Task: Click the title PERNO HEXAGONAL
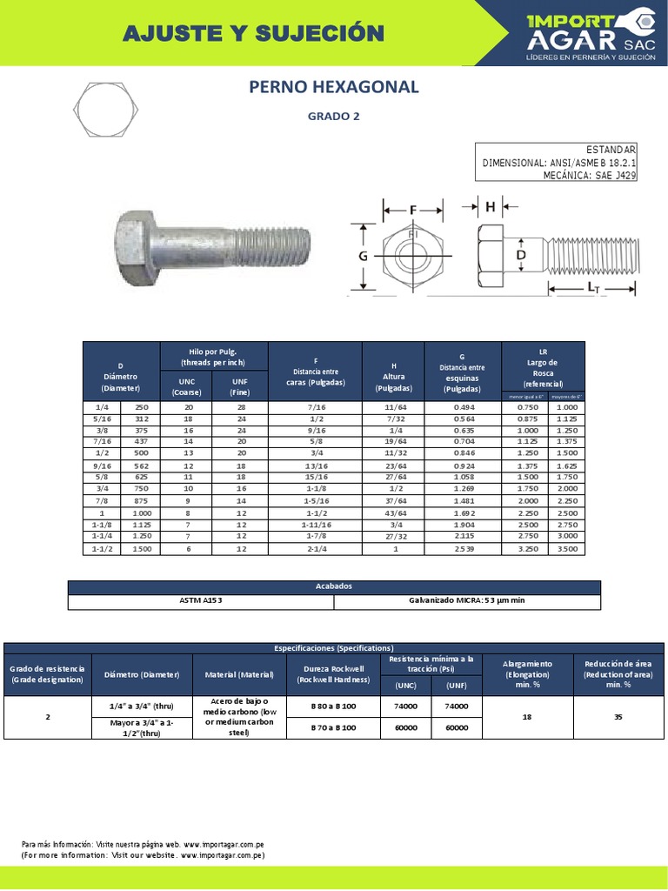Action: [x=334, y=87]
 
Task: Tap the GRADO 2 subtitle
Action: [x=334, y=116]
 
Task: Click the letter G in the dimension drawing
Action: [x=364, y=256]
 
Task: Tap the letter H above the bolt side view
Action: [x=491, y=206]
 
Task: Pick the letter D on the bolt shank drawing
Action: [x=520, y=255]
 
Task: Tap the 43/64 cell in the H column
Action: [x=393, y=513]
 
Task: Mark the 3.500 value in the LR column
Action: [x=566, y=549]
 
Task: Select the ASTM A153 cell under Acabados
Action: [x=201, y=601]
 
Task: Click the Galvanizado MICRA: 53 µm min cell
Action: [x=467, y=601]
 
